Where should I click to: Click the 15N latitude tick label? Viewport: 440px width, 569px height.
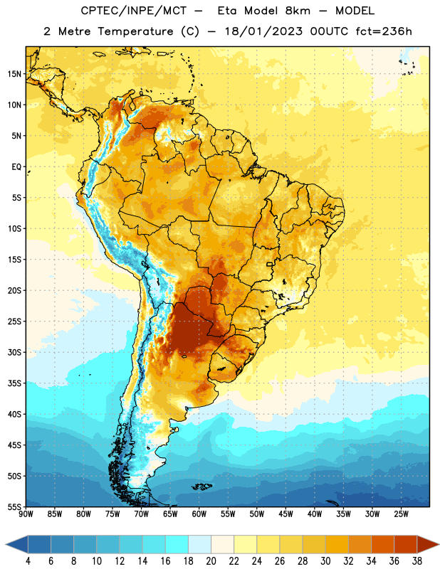coord(14,74)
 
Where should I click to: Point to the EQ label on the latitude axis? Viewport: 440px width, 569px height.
coord(16,167)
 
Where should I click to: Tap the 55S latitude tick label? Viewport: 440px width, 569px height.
coord(14,506)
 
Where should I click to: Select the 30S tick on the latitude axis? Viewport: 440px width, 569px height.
coord(14,352)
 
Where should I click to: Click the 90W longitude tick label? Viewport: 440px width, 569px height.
coord(26,514)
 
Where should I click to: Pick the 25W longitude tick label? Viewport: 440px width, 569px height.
coord(401,514)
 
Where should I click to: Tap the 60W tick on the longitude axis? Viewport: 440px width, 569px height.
coord(199,514)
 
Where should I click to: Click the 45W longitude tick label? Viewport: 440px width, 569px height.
coord(286,514)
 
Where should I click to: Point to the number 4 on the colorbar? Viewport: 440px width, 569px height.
coord(28,561)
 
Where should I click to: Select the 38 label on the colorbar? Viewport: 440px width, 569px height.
coord(417,561)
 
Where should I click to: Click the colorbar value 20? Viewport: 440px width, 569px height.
coord(211,561)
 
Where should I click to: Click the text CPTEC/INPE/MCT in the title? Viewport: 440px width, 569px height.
coord(134,11)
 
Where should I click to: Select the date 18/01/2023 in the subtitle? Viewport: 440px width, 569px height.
coord(263,31)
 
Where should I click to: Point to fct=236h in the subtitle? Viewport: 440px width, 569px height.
coord(384,31)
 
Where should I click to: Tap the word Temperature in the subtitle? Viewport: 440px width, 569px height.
coord(135,31)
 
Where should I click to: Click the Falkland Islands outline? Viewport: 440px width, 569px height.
coord(201,486)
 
